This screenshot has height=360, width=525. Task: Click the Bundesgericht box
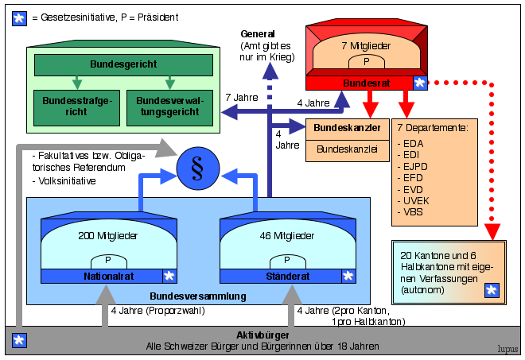coord(122,64)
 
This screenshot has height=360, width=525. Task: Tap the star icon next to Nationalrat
coord(169,276)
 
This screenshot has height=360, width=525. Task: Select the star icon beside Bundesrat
coord(419,83)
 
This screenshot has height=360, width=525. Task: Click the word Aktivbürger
coord(262,335)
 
